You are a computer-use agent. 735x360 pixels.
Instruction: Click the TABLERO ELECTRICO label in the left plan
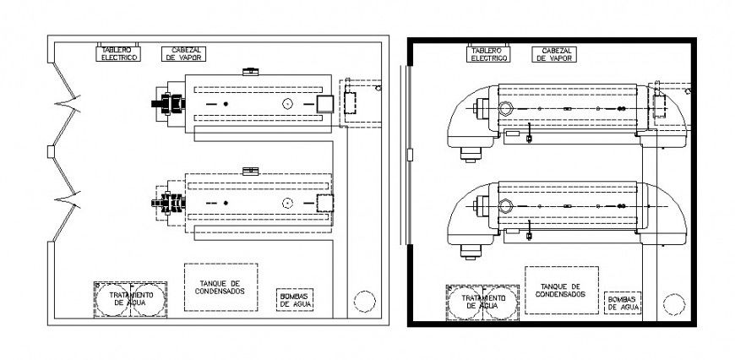tap(119, 53)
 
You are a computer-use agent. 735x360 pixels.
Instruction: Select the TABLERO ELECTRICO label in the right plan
tap(489, 54)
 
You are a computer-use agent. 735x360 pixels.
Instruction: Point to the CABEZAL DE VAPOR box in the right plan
tap(553, 54)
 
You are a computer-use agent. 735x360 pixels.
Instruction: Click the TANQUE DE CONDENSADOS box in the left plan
tap(220, 287)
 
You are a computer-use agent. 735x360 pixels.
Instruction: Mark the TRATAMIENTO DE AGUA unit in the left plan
tap(129, 298)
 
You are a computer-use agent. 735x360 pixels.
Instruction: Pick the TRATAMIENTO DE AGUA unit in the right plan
tap(483, 302)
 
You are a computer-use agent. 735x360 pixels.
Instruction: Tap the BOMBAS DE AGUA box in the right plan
tap(622, 303)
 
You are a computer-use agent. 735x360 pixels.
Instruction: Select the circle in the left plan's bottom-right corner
tap(364, 300)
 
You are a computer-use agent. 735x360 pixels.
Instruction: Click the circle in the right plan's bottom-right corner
tap(674, 303)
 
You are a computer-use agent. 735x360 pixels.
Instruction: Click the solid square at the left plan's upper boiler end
tap(325, 103)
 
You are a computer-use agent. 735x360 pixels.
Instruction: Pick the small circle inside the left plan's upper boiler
tap(288, 103)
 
